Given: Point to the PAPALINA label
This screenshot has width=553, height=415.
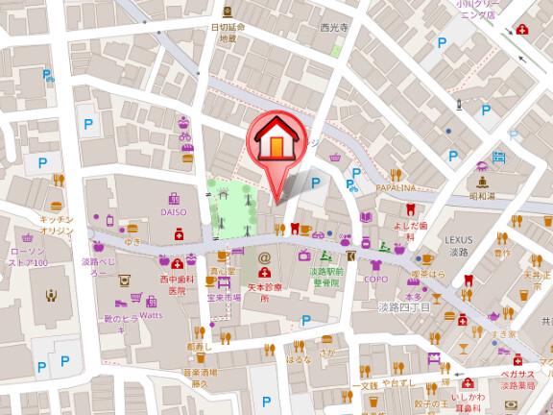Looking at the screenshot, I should click(x=396, y=188).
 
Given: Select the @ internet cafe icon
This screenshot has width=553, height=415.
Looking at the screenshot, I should click(x=265, y=258).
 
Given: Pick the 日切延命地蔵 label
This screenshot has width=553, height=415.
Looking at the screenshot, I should click(x=227, y=34).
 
